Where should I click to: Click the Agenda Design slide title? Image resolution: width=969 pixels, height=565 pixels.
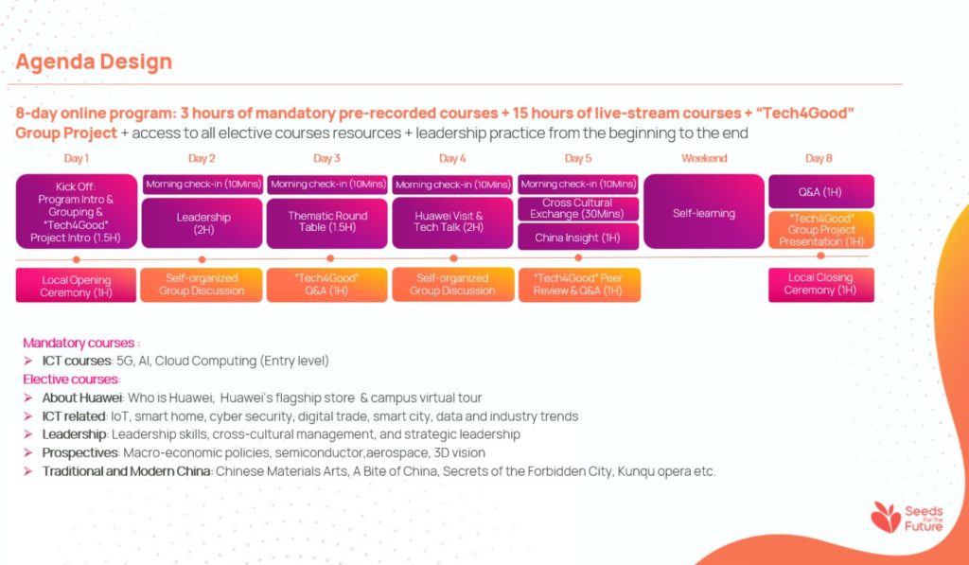pos(94,62)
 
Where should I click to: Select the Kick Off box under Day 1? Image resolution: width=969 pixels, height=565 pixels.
pos(77,211)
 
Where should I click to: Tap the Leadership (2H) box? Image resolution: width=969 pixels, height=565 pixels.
pos(203,222)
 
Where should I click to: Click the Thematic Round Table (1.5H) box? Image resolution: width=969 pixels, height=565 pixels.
pos(327,221)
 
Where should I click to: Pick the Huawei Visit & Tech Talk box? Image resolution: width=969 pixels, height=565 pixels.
pos(452,221)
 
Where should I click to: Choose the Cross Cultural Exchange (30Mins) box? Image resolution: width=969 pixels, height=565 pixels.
pos(578,209)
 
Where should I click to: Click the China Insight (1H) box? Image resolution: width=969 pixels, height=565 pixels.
pos(578,238)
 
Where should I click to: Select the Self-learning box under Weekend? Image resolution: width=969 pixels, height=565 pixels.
pos(704,211)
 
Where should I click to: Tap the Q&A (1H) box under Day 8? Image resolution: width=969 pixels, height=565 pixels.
pos(821,191)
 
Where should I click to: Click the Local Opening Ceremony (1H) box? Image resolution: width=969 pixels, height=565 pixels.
pos(76,286)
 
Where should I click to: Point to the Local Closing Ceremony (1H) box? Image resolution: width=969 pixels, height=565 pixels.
pos(821,285)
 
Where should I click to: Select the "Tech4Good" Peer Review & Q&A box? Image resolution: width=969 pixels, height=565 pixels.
pos(579,285)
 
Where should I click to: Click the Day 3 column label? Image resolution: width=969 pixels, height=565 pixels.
pos(326,158)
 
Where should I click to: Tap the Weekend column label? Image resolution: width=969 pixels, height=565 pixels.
pos(704,158)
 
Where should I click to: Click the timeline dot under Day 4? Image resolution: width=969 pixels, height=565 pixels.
pos(453,258)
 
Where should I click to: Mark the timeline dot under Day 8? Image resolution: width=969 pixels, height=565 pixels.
pos(820,256)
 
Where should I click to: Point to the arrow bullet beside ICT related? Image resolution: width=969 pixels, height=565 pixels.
pos(27,416)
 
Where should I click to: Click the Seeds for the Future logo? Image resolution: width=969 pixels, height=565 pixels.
pos(907,518)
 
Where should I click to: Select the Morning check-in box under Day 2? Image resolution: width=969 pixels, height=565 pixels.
pos(203,185)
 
